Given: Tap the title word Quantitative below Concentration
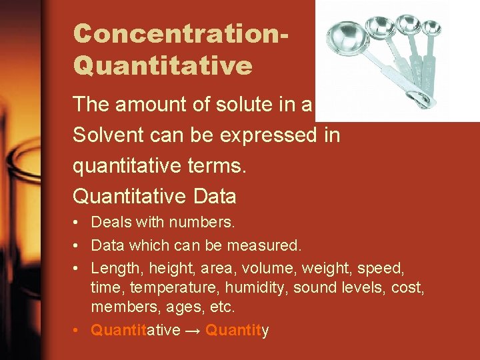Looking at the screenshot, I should [163, 65].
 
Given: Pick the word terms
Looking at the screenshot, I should [217, 166].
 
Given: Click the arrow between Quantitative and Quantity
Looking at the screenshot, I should [193, 331].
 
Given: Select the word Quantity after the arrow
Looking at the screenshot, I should [237, 331].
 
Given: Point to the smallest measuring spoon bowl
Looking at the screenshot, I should [432, 27].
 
